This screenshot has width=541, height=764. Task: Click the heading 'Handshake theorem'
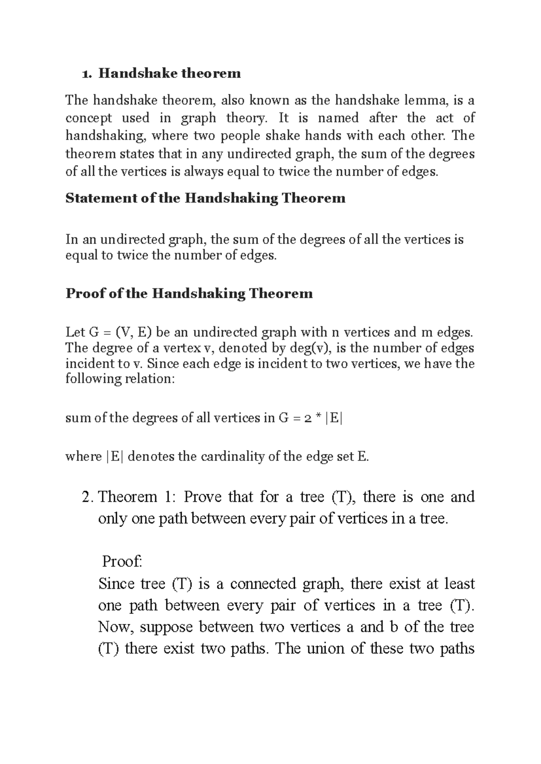(x=170, y=73)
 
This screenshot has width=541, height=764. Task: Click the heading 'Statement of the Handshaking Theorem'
(x=206, y=198)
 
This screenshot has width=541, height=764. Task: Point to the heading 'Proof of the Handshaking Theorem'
(x=189, y=294)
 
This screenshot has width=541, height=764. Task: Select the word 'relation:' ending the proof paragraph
(x=149, y=378)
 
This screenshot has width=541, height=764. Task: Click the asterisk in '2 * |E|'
(x=318, y=418)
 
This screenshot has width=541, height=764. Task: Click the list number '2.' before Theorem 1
(x=88, y=497)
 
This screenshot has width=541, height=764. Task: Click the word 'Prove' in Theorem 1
(x=203, y=497)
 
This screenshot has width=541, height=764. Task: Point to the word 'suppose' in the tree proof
(x=166, y=627)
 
